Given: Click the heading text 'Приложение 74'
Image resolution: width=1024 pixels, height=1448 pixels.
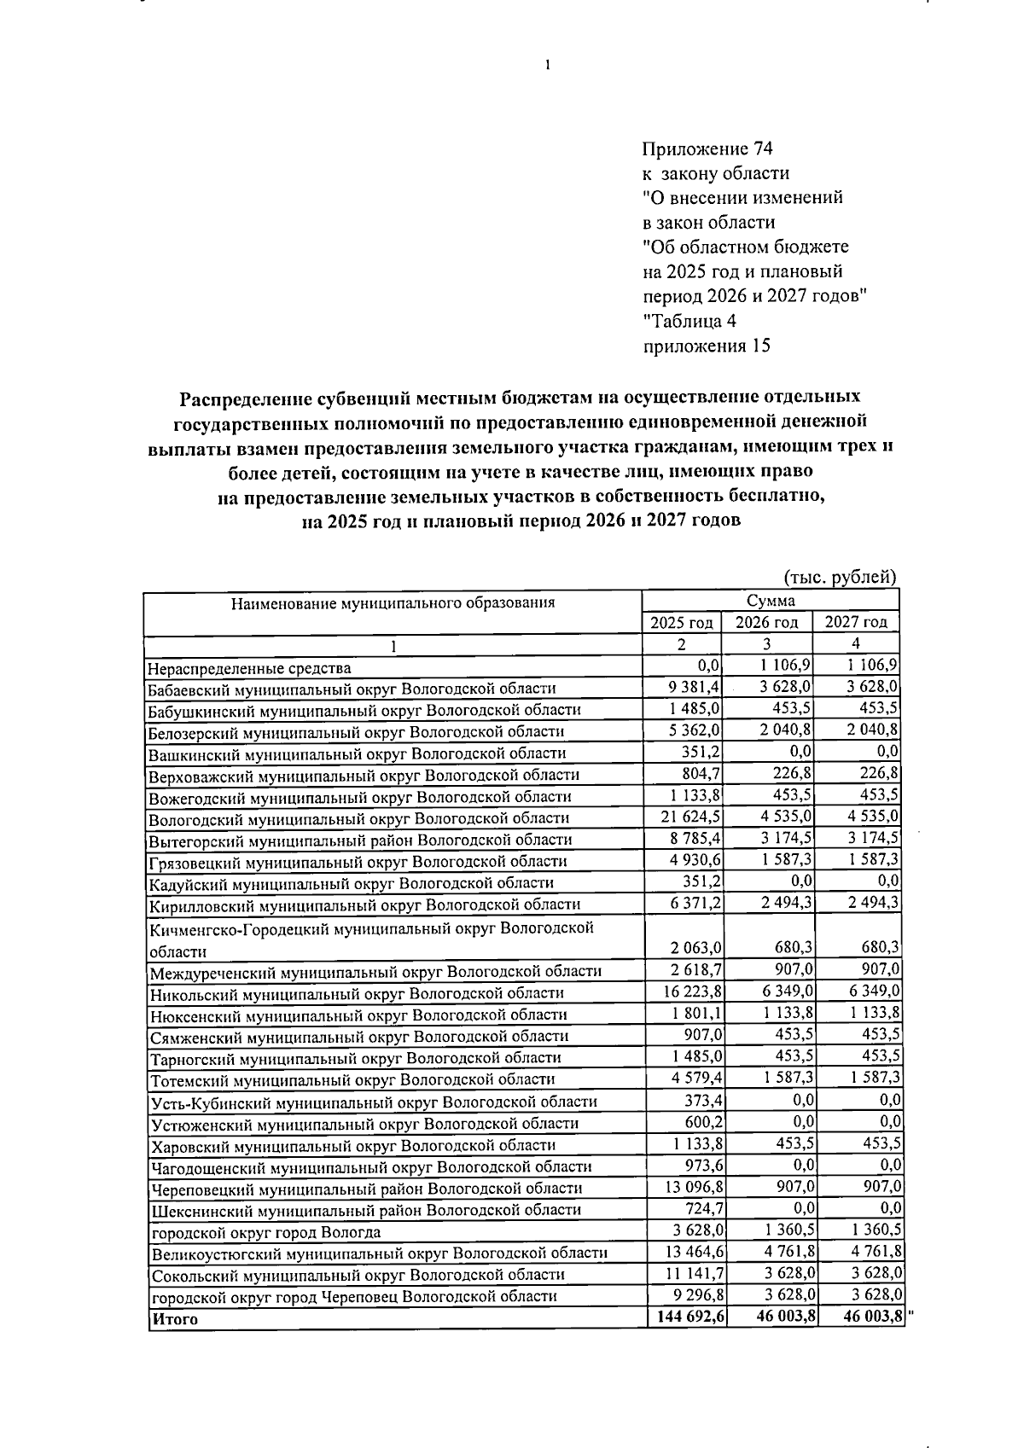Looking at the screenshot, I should click(x=707, y=148).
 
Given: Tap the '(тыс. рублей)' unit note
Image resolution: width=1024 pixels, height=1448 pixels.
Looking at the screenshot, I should click(x=840, y=577).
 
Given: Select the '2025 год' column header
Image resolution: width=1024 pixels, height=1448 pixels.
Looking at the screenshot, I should click(x=681, y=622).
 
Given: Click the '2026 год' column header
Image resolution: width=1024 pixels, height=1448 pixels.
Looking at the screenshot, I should click(x=767, y=622).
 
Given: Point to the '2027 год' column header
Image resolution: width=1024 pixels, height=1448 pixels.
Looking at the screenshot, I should click(x=856, y=622).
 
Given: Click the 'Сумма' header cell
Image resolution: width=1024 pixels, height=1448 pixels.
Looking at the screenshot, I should click(x=770, y=602).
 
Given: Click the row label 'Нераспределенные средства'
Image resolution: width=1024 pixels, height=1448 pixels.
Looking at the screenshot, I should click(x=249, y=668).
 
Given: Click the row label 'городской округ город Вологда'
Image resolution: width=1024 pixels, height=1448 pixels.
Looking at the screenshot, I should click(x=265, y=1232).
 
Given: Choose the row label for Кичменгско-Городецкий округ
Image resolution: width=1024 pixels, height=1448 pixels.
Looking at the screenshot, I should click(x=371, y=939).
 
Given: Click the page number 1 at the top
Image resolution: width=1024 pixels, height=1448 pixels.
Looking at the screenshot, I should click(x=546, y=65).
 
